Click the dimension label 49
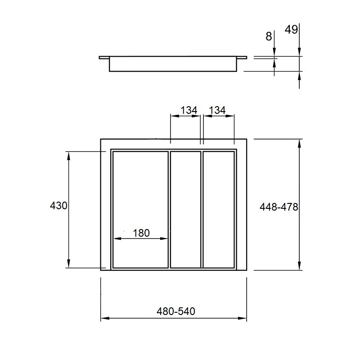click(291, 30)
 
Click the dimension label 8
click(269, 36)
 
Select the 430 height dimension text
click(58, 206)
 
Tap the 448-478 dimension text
click(279, 207)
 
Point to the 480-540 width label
click(176, 311)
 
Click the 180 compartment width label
click(141, 233)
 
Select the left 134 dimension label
click(189, 110)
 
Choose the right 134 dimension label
click(217, 110)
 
